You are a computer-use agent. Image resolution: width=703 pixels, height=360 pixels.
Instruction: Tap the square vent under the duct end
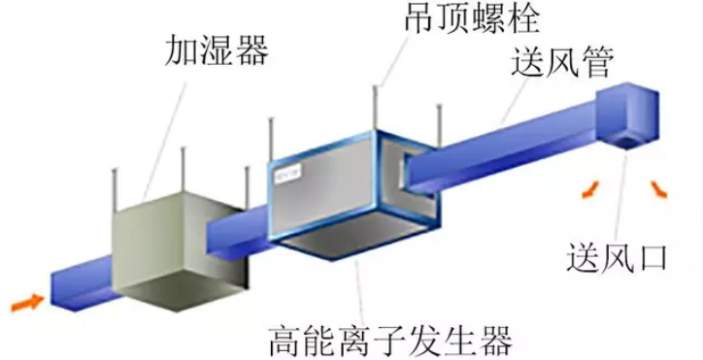pyautogui.click(x=627, y=143)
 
